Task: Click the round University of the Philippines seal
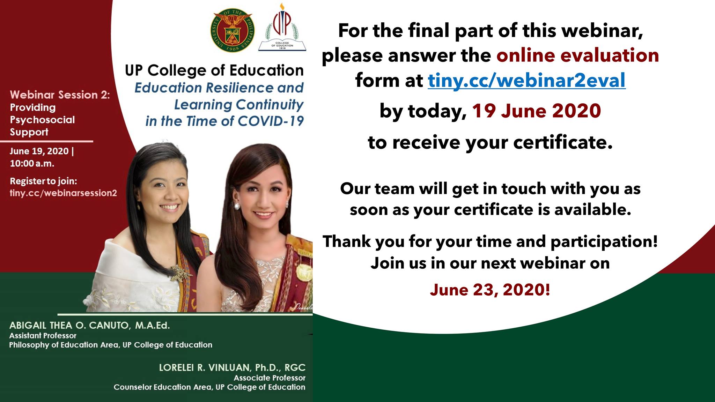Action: (232, 31)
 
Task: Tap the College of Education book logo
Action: (282, 27)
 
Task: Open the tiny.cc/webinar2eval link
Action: (526, 81)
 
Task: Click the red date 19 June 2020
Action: (536, 111)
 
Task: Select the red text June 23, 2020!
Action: (490, 290)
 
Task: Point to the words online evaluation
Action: (577, 55)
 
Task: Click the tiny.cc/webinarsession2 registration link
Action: (63, 193)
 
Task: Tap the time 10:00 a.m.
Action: (32, 163)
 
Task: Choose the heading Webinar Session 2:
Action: (60, 95)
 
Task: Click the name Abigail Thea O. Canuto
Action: (69, 325)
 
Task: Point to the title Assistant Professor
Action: (43, 335)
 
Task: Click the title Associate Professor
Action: (270, 378)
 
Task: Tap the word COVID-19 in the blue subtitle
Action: (271, 121)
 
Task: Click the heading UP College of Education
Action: (214, 70)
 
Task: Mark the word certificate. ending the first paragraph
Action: (563, 142)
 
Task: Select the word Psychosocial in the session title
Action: (42, 120)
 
